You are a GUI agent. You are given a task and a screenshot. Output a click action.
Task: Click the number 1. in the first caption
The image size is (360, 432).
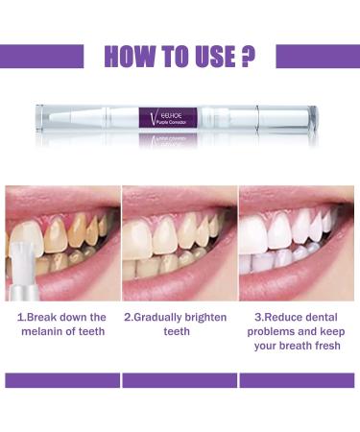click(x=20, y=315)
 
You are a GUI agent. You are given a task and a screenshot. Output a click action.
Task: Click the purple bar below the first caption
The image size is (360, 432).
click(x=60, y=380)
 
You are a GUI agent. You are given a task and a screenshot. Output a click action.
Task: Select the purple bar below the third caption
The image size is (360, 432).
click(x=299, y=380)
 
